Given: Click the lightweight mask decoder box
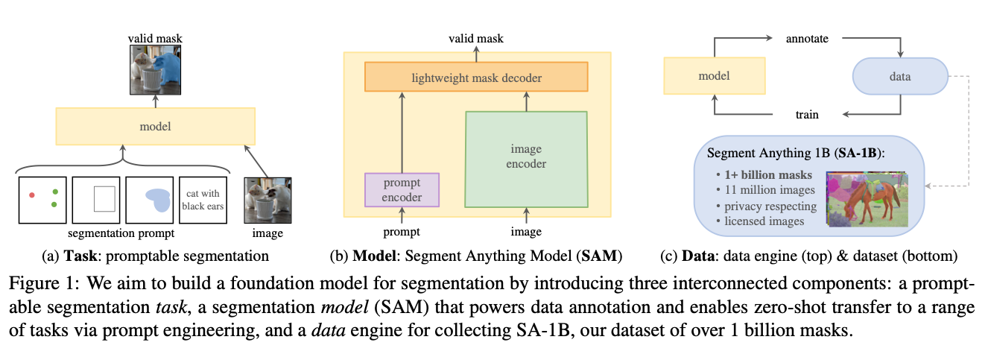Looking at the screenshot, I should pos(476,77).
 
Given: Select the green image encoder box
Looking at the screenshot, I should pos(526,158).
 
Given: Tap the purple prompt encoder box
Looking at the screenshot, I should pos(402,189).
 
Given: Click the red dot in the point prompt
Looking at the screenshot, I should pos(31,195).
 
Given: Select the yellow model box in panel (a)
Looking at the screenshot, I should pos(155,127).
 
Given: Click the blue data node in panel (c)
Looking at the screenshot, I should pos(899,77).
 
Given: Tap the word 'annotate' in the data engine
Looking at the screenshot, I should pos(808,37).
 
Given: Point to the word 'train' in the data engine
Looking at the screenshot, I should pos(807,115).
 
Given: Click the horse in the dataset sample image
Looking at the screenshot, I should pos(864,200).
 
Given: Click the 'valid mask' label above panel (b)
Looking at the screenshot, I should pos(476,36).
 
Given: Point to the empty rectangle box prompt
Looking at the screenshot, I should pos(104,198).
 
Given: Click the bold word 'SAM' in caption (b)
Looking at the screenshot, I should pos(604,257).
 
